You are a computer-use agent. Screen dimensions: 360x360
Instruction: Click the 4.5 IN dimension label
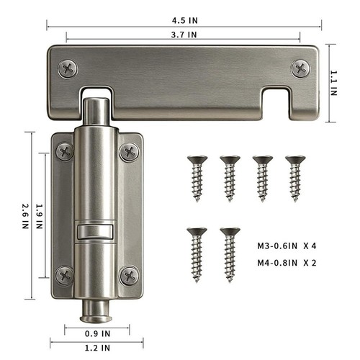pyautogui.click(x=185, y=21)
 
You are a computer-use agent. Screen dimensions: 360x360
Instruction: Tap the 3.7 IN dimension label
pyautogui.click(x=184, y=35)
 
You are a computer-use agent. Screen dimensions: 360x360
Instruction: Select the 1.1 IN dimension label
pyautogui.click(x=334, y=84)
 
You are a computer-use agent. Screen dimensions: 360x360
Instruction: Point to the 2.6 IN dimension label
pyautogui.click(x=26, y=216)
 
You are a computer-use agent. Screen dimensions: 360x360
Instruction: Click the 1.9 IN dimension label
pyautogui.click(x=40, y=216)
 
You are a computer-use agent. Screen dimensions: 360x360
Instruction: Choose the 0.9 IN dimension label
pyautogui.click(x=97, y=333)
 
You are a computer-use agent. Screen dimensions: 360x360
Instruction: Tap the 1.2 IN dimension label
pyautogui.click(x=97, y=348)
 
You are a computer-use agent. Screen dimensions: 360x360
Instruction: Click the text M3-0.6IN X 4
pyautogui.click(x=287, y=246)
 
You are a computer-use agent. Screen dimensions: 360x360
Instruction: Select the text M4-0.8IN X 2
pyautogui.click(x=287, y=263)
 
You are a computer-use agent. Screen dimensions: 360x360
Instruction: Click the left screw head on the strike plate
pyautogui.click(x=68, y=69)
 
